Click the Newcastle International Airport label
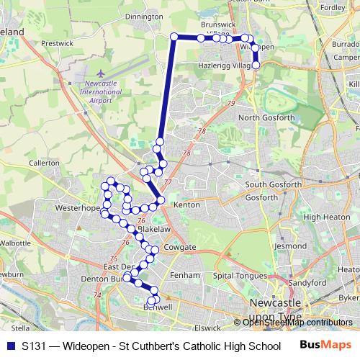tap(100, 92)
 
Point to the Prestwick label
tap(58, 44)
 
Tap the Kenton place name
tap(187, 205)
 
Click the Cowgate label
tap(180, 247)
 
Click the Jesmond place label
tap(290, 246)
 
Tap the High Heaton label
tap(325, 217)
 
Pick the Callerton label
tap(44, 163)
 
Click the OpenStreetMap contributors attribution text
tap(297, 323)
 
